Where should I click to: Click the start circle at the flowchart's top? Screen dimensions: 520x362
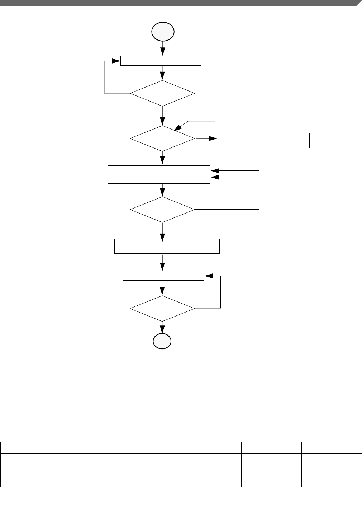click(x=163, y=32)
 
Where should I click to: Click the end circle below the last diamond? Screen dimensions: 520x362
click(x=162, y=341)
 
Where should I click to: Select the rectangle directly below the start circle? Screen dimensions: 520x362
click(x=161, y=61)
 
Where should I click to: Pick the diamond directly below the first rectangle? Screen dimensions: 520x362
click(x=162, y=93)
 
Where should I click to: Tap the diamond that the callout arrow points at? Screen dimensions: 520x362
click(x=162, y=138)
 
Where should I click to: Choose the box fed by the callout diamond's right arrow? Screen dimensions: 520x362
click(x=263, y=140)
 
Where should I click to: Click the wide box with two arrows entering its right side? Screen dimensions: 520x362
click(x=159, y=174)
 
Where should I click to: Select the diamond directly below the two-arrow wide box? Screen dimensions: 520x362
click(x=162, y=209)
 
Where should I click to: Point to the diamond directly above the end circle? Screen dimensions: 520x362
click(x=162, y=308)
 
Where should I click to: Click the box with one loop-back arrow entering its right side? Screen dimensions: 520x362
click(x=163, y=276)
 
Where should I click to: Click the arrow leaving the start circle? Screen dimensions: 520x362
click(x=163, y=48)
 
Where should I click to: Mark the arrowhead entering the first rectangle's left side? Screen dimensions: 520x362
click(x=116, y=61)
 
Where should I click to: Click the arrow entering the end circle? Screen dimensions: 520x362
click(x=162, y=328)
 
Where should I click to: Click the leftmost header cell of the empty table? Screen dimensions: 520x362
click(x=30, y=448)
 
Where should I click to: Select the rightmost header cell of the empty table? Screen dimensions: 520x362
click(x=332, y=448)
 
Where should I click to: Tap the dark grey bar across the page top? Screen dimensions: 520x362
click(x=179, y=3)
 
